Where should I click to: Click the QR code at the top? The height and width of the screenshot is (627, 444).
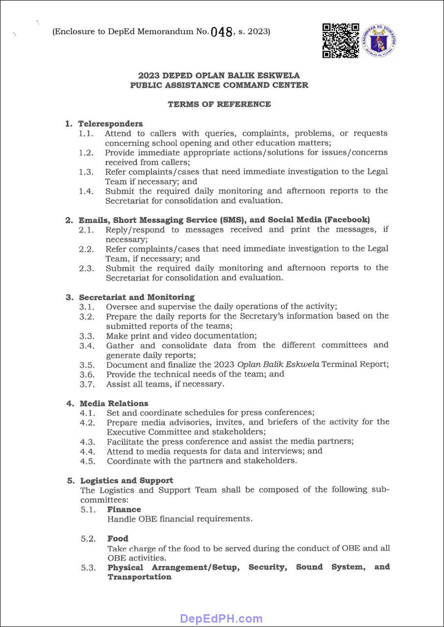[341, 40]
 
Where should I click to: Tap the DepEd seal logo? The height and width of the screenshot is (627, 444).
[379, 41]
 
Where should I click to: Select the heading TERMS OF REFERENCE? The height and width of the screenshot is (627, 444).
[219, 104]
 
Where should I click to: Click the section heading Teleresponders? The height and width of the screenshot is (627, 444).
[110, 123]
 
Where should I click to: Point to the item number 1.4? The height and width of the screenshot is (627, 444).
[86, 191]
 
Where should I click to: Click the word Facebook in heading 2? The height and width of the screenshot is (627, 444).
[347, 220]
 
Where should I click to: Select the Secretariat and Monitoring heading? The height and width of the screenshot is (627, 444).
[136, 297]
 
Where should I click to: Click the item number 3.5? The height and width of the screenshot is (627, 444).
[87, 364]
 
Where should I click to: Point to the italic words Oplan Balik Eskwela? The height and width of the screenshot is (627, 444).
[278, 364]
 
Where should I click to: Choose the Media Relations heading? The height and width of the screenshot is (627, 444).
[114, 403]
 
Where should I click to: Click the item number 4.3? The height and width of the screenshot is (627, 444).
[87, 441]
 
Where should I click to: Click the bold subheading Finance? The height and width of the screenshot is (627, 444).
[124, 509]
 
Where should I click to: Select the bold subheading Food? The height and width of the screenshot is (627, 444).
[118, 538]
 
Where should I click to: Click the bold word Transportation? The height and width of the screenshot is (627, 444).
[140, 577]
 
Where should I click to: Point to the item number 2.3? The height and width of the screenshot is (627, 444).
[86, 268]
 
